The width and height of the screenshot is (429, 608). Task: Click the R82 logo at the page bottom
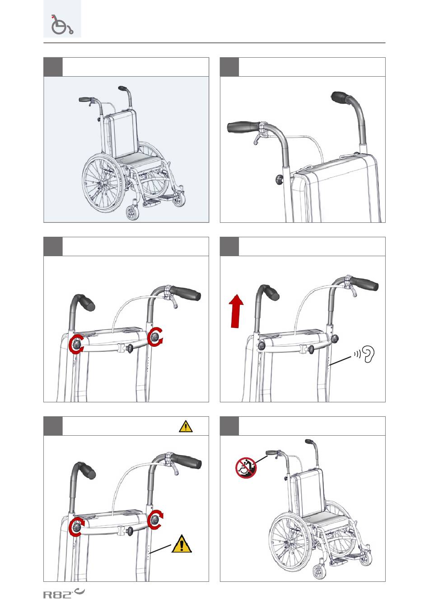coord(64,594)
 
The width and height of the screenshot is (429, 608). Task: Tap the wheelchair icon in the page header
coord(62,24)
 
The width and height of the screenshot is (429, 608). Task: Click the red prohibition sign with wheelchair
coord(246,468)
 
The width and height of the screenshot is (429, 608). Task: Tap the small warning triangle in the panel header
coord(186,426)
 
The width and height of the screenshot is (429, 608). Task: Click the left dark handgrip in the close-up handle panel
coord(244,127)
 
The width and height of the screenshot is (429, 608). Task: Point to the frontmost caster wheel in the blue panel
coord(132,213)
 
